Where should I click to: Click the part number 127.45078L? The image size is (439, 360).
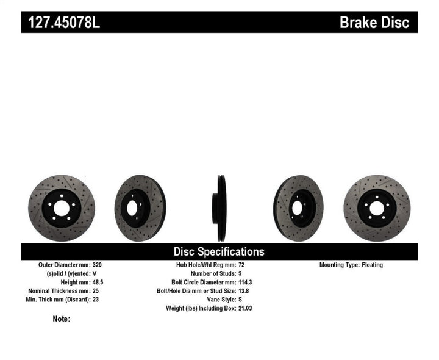pos(60,23)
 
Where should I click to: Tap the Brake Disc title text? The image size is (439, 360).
pos(378,23)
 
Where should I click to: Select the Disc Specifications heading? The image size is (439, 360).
pos(219,251)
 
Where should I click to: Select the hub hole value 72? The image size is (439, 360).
pos(242,265)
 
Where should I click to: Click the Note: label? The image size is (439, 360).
pos(62,319)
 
